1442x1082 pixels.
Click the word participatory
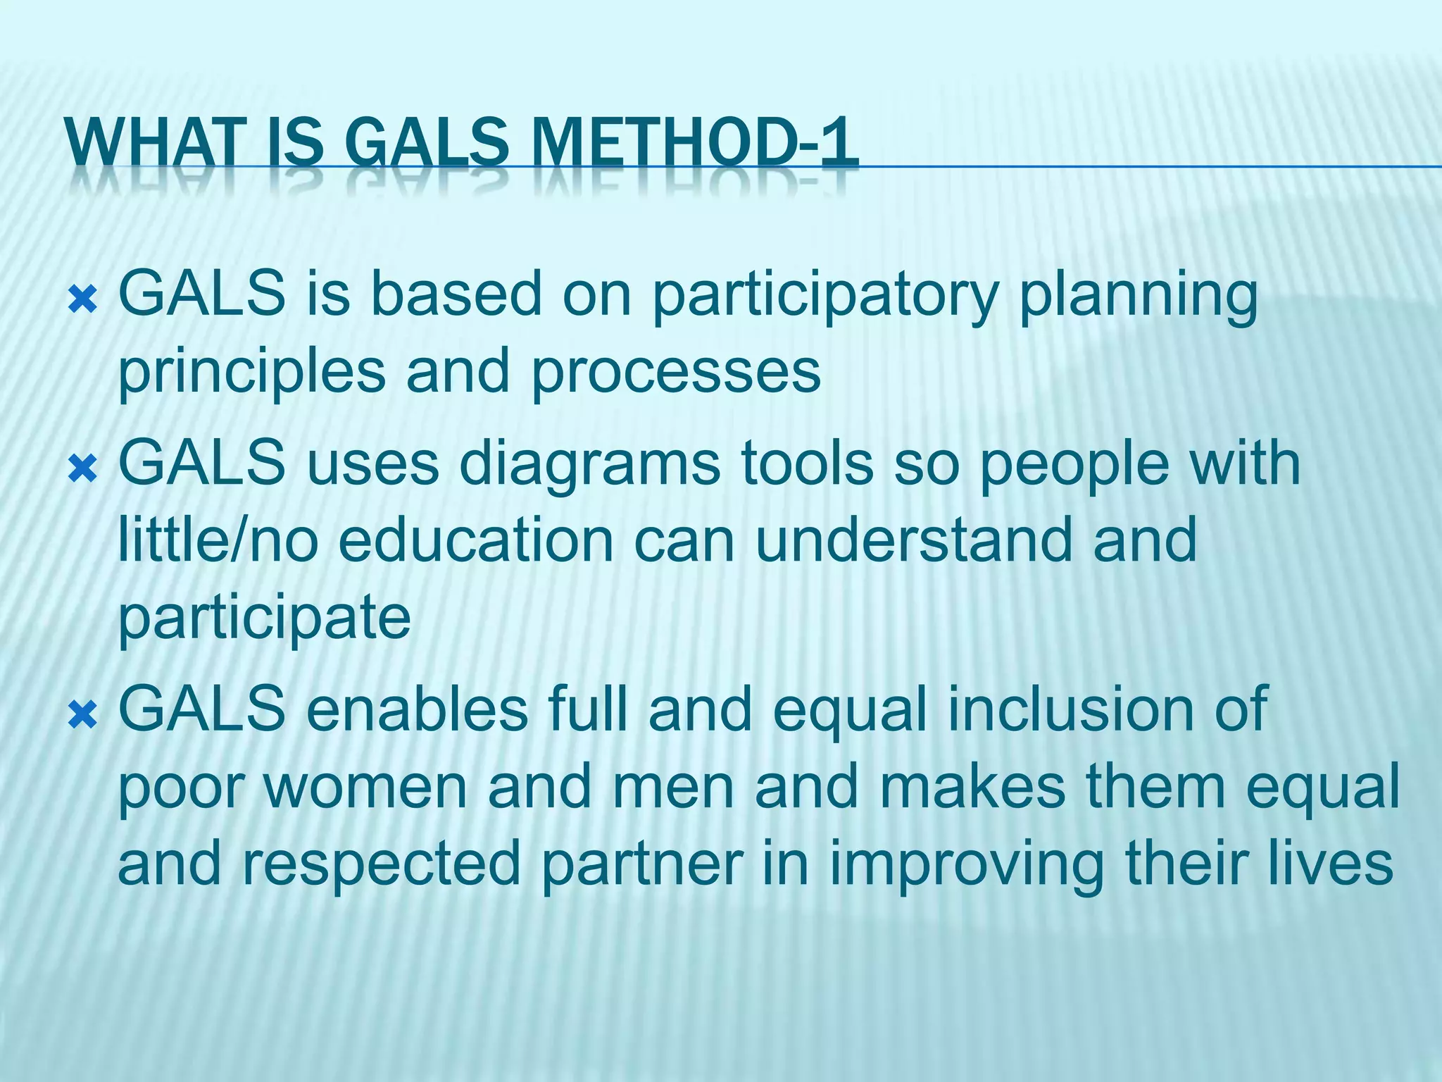[825, 296]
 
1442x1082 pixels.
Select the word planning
[1138, 296]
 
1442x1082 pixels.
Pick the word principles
[251, 373]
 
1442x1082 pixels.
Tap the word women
[365, 786]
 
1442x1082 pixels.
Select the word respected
[381, 864]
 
